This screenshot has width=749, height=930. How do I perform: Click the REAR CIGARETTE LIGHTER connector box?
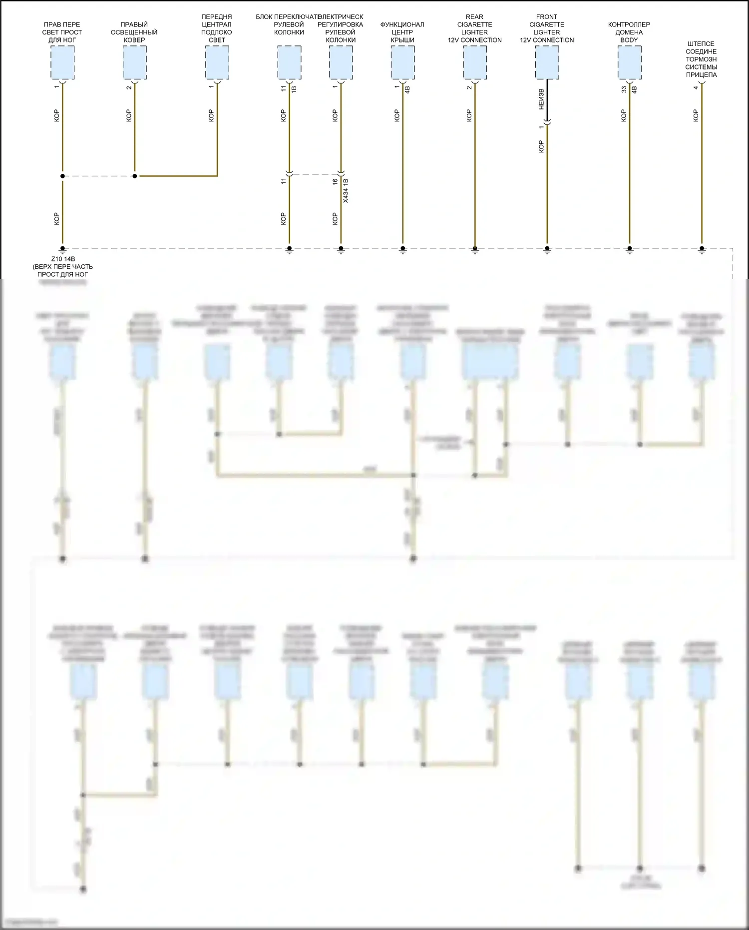pyautogui.click(x=474, y=62)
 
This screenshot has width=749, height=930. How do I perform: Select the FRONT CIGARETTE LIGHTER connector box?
pyautogui.click(x=547, y=62)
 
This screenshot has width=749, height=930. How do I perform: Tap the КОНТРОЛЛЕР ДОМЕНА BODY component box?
pyautogui.click(x=629, y=62)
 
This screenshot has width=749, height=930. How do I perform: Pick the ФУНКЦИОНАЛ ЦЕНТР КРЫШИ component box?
pyautogui.click(x=402, y=62)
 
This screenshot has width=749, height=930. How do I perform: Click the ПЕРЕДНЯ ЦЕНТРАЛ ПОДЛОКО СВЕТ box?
pyautogui.click(x=217, y=62)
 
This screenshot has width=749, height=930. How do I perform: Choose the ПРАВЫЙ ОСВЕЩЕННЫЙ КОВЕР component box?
pyautogui.click(x=135, y=62)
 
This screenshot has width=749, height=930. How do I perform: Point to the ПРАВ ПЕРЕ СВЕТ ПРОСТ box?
pyautogui.click(x=62, y=62)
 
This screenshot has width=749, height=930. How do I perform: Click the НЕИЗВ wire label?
pyautogui.click(x=541, y=99)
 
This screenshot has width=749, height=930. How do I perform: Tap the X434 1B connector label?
pyautogui.click(x=346, y=190)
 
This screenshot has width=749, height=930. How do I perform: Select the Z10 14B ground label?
pyautogui.click(x=63, y=259)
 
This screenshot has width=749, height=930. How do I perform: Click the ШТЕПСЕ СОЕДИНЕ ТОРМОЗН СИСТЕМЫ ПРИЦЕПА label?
pyautogui.click(x=701, y=59)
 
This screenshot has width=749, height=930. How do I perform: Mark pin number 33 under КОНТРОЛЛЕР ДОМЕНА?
pyautogui.click(x=624, y=89)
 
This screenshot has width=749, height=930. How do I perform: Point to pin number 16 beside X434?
pyautogui.click(x=335, y=182)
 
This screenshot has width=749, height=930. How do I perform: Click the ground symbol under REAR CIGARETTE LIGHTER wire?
pyautogui.click(x=475, y=250)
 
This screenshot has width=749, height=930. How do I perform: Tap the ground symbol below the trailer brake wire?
pyautogui.click(x=702, y=250)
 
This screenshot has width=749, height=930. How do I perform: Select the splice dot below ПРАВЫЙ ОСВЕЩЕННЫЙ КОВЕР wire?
pyautogui.click(x=135, y=176)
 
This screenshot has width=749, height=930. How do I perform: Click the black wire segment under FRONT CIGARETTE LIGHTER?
pyautogui.click(x=547, y=100)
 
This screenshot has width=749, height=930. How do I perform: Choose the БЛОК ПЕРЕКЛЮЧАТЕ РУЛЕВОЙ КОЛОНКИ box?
pyautogui.click(x=289, y=62)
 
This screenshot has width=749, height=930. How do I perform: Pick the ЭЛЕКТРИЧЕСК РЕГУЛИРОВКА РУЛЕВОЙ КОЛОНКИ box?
pyautogui.click(x=341, y=62)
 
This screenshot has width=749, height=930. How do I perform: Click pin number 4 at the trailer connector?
pyautogui.click(x=696, y=88)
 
